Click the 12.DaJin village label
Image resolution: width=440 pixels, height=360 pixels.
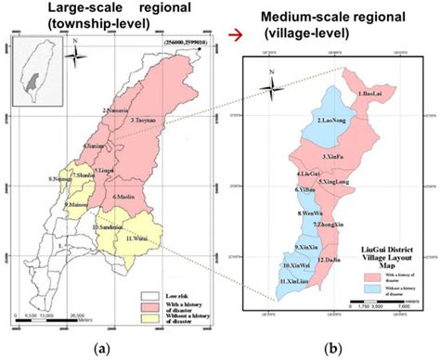[326, 263]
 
